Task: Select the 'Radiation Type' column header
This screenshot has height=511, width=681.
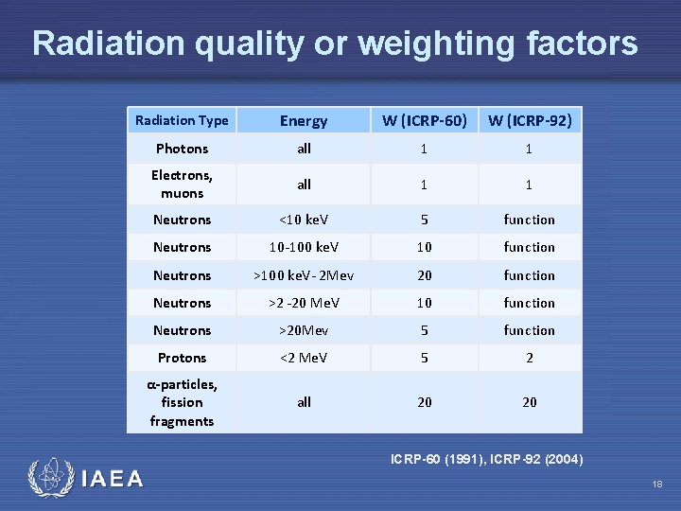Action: tap(182, 120)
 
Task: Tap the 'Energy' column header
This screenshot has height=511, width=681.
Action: tap(304, 120)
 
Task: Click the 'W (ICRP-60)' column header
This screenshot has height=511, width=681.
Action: tap(425, 120)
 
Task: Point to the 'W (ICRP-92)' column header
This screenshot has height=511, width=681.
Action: tap(529, 120)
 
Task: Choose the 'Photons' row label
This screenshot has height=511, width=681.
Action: tap(182, 149)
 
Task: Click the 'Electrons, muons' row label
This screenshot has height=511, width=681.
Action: tap(182, 184)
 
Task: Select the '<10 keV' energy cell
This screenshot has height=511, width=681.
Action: tap(304, 220)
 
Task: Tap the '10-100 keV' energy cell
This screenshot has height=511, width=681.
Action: tap(304, 247)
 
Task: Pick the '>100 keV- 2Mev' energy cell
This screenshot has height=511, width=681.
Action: tap(304, 275)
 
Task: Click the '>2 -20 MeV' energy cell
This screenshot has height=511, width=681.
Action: tap(304, 303)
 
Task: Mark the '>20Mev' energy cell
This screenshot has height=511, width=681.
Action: tap(304, 330)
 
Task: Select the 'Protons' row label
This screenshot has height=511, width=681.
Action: tap(182, 358)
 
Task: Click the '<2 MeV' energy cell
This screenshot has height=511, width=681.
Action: tap(304, 358)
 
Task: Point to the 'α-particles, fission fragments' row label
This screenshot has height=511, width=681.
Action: tap(182, 402)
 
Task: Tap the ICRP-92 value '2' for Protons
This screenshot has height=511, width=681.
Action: tap(529, 358)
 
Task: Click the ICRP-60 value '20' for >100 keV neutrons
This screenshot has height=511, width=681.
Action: tap(425, 275)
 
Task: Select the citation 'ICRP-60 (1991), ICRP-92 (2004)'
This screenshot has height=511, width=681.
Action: tap(487, 460)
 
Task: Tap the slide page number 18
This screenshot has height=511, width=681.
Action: tap(656, 485)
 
